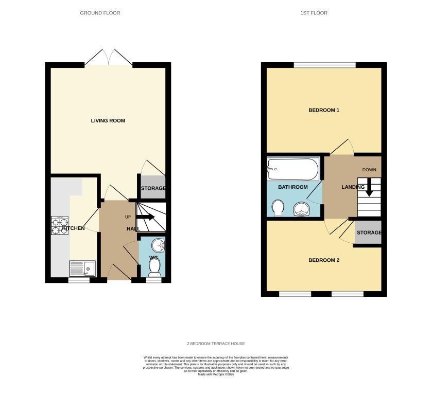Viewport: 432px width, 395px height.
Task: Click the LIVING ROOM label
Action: click(x=108, y=121)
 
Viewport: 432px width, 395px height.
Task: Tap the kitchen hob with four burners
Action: click(x=59, y=226)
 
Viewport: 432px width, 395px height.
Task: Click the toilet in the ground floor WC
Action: click(x=154, y=266)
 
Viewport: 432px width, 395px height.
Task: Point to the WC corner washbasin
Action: click(x=159, y=245)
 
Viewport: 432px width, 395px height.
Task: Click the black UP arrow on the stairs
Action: click(x=146, y=217)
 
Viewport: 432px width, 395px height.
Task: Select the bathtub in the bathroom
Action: click(x=293, y=169)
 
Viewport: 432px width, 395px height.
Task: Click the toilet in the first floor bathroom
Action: click(x=278, y=208)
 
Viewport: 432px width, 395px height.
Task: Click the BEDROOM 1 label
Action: click(x=324, y=110)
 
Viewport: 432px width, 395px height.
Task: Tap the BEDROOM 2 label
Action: click(x=324, y=260)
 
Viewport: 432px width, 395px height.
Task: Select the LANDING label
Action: click(x=353, y=187)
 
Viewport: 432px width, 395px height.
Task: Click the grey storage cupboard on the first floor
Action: click(x=368, y=232)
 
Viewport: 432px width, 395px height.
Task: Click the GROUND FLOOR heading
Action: click(x=100, y=13)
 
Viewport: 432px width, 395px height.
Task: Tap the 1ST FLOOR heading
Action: click(x=314, y=13)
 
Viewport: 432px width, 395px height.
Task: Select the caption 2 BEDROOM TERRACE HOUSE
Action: click(x=216, y=344)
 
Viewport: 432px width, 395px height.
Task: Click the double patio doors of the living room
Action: click(x=108, y=58)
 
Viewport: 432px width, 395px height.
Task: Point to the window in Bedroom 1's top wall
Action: click(x=325, y=65)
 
